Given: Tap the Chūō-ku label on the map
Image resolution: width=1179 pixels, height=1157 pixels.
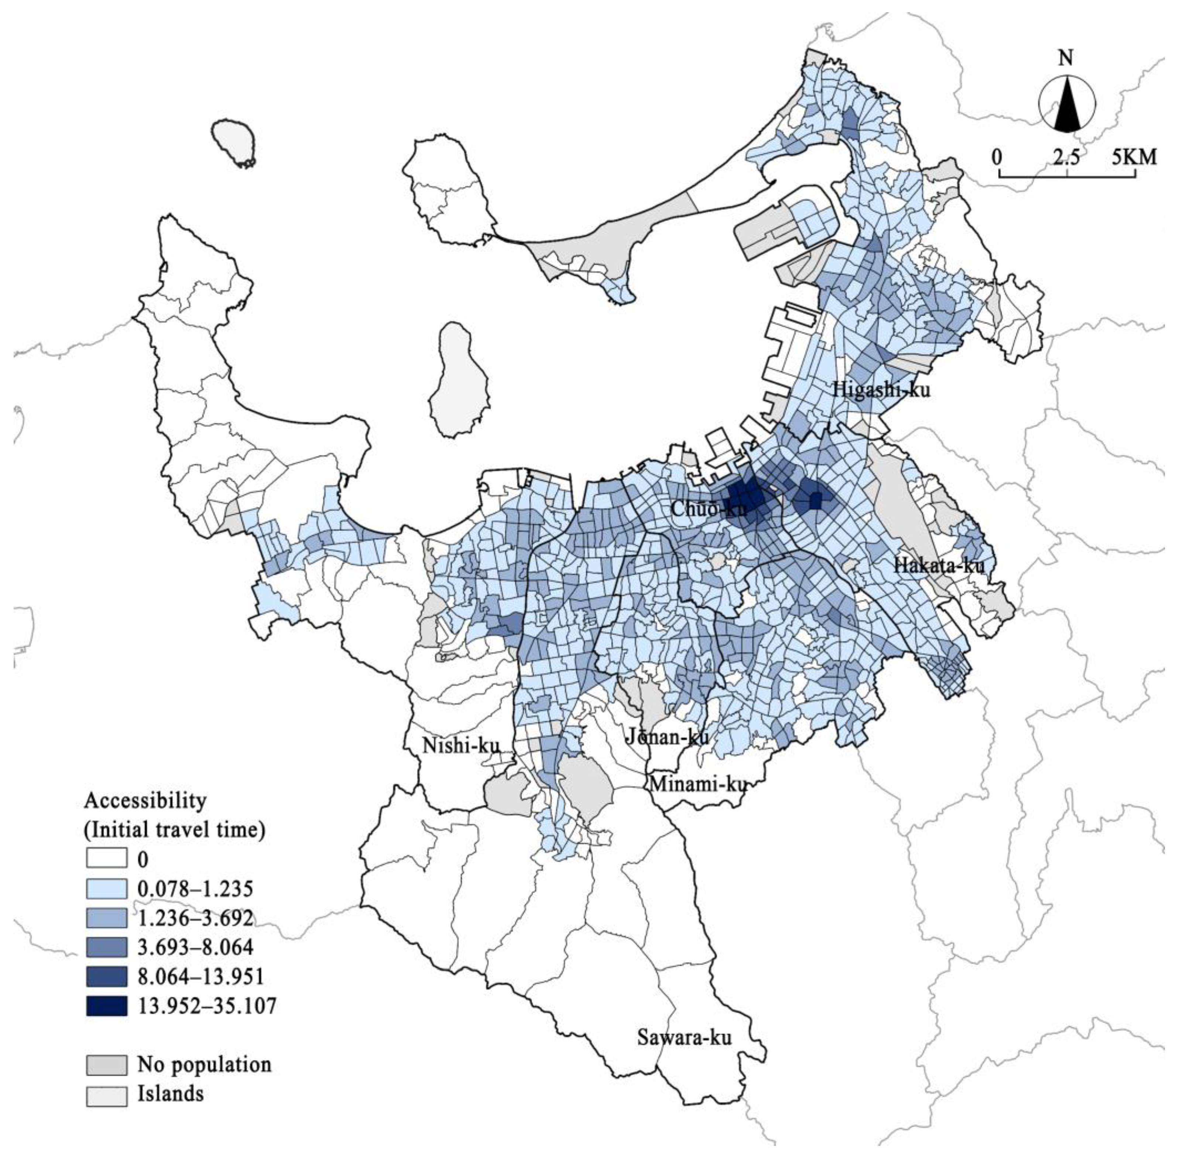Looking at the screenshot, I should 700,509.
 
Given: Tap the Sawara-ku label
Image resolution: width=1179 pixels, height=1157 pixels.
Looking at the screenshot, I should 684,1037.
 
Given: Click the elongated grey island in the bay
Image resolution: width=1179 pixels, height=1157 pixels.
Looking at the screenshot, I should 459,380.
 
